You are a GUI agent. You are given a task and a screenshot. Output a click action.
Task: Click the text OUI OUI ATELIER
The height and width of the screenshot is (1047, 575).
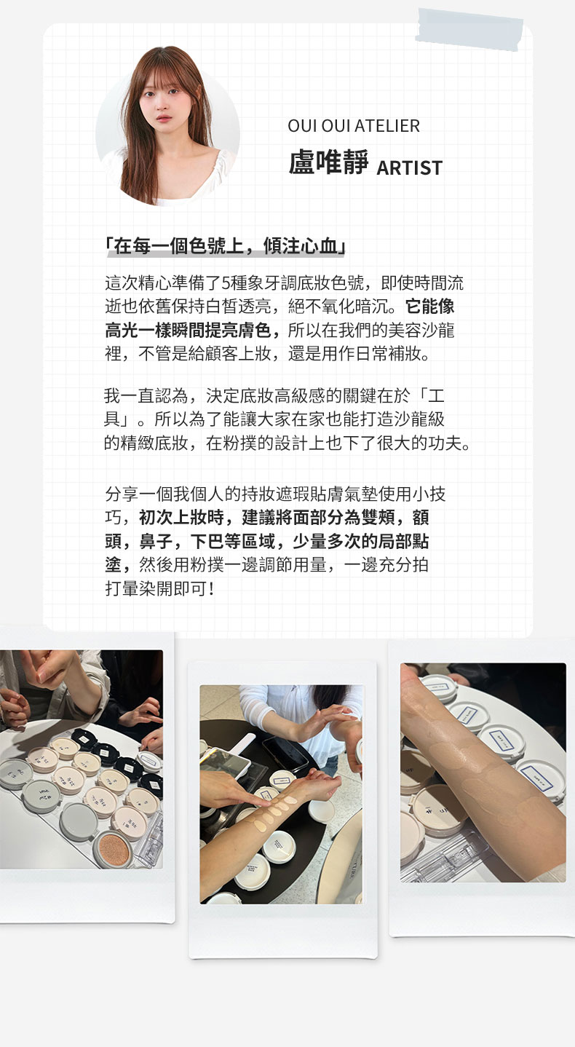[x=354, y=126]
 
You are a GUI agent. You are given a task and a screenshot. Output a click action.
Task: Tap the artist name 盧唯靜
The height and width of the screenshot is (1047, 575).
[x=328, y=162]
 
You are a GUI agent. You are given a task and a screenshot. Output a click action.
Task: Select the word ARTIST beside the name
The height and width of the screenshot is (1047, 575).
[x=409, y=167]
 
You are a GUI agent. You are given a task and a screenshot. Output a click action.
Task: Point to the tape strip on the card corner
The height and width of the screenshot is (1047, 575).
[x=470, y=29]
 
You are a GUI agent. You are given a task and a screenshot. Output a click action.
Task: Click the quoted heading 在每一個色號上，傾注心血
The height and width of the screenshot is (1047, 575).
[x=225, y=246]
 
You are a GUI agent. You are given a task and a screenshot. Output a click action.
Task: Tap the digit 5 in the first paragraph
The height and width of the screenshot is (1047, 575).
[x=226, y=283]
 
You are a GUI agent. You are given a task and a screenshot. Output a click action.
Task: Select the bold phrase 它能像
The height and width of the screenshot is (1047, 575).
[x=429, y=307]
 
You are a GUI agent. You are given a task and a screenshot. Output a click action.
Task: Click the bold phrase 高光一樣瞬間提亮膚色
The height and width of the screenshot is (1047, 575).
[x=189, y=331]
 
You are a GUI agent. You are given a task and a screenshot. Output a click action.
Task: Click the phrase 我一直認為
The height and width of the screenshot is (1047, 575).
[x=146, y=396]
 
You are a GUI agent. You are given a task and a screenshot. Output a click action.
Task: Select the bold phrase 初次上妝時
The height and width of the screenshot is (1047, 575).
[x=181, y=518]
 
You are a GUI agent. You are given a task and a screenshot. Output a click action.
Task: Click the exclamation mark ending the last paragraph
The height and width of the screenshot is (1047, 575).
[x=212, y=589]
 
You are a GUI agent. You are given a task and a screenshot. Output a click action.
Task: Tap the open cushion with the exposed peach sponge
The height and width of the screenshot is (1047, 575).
[x=114, y=848]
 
